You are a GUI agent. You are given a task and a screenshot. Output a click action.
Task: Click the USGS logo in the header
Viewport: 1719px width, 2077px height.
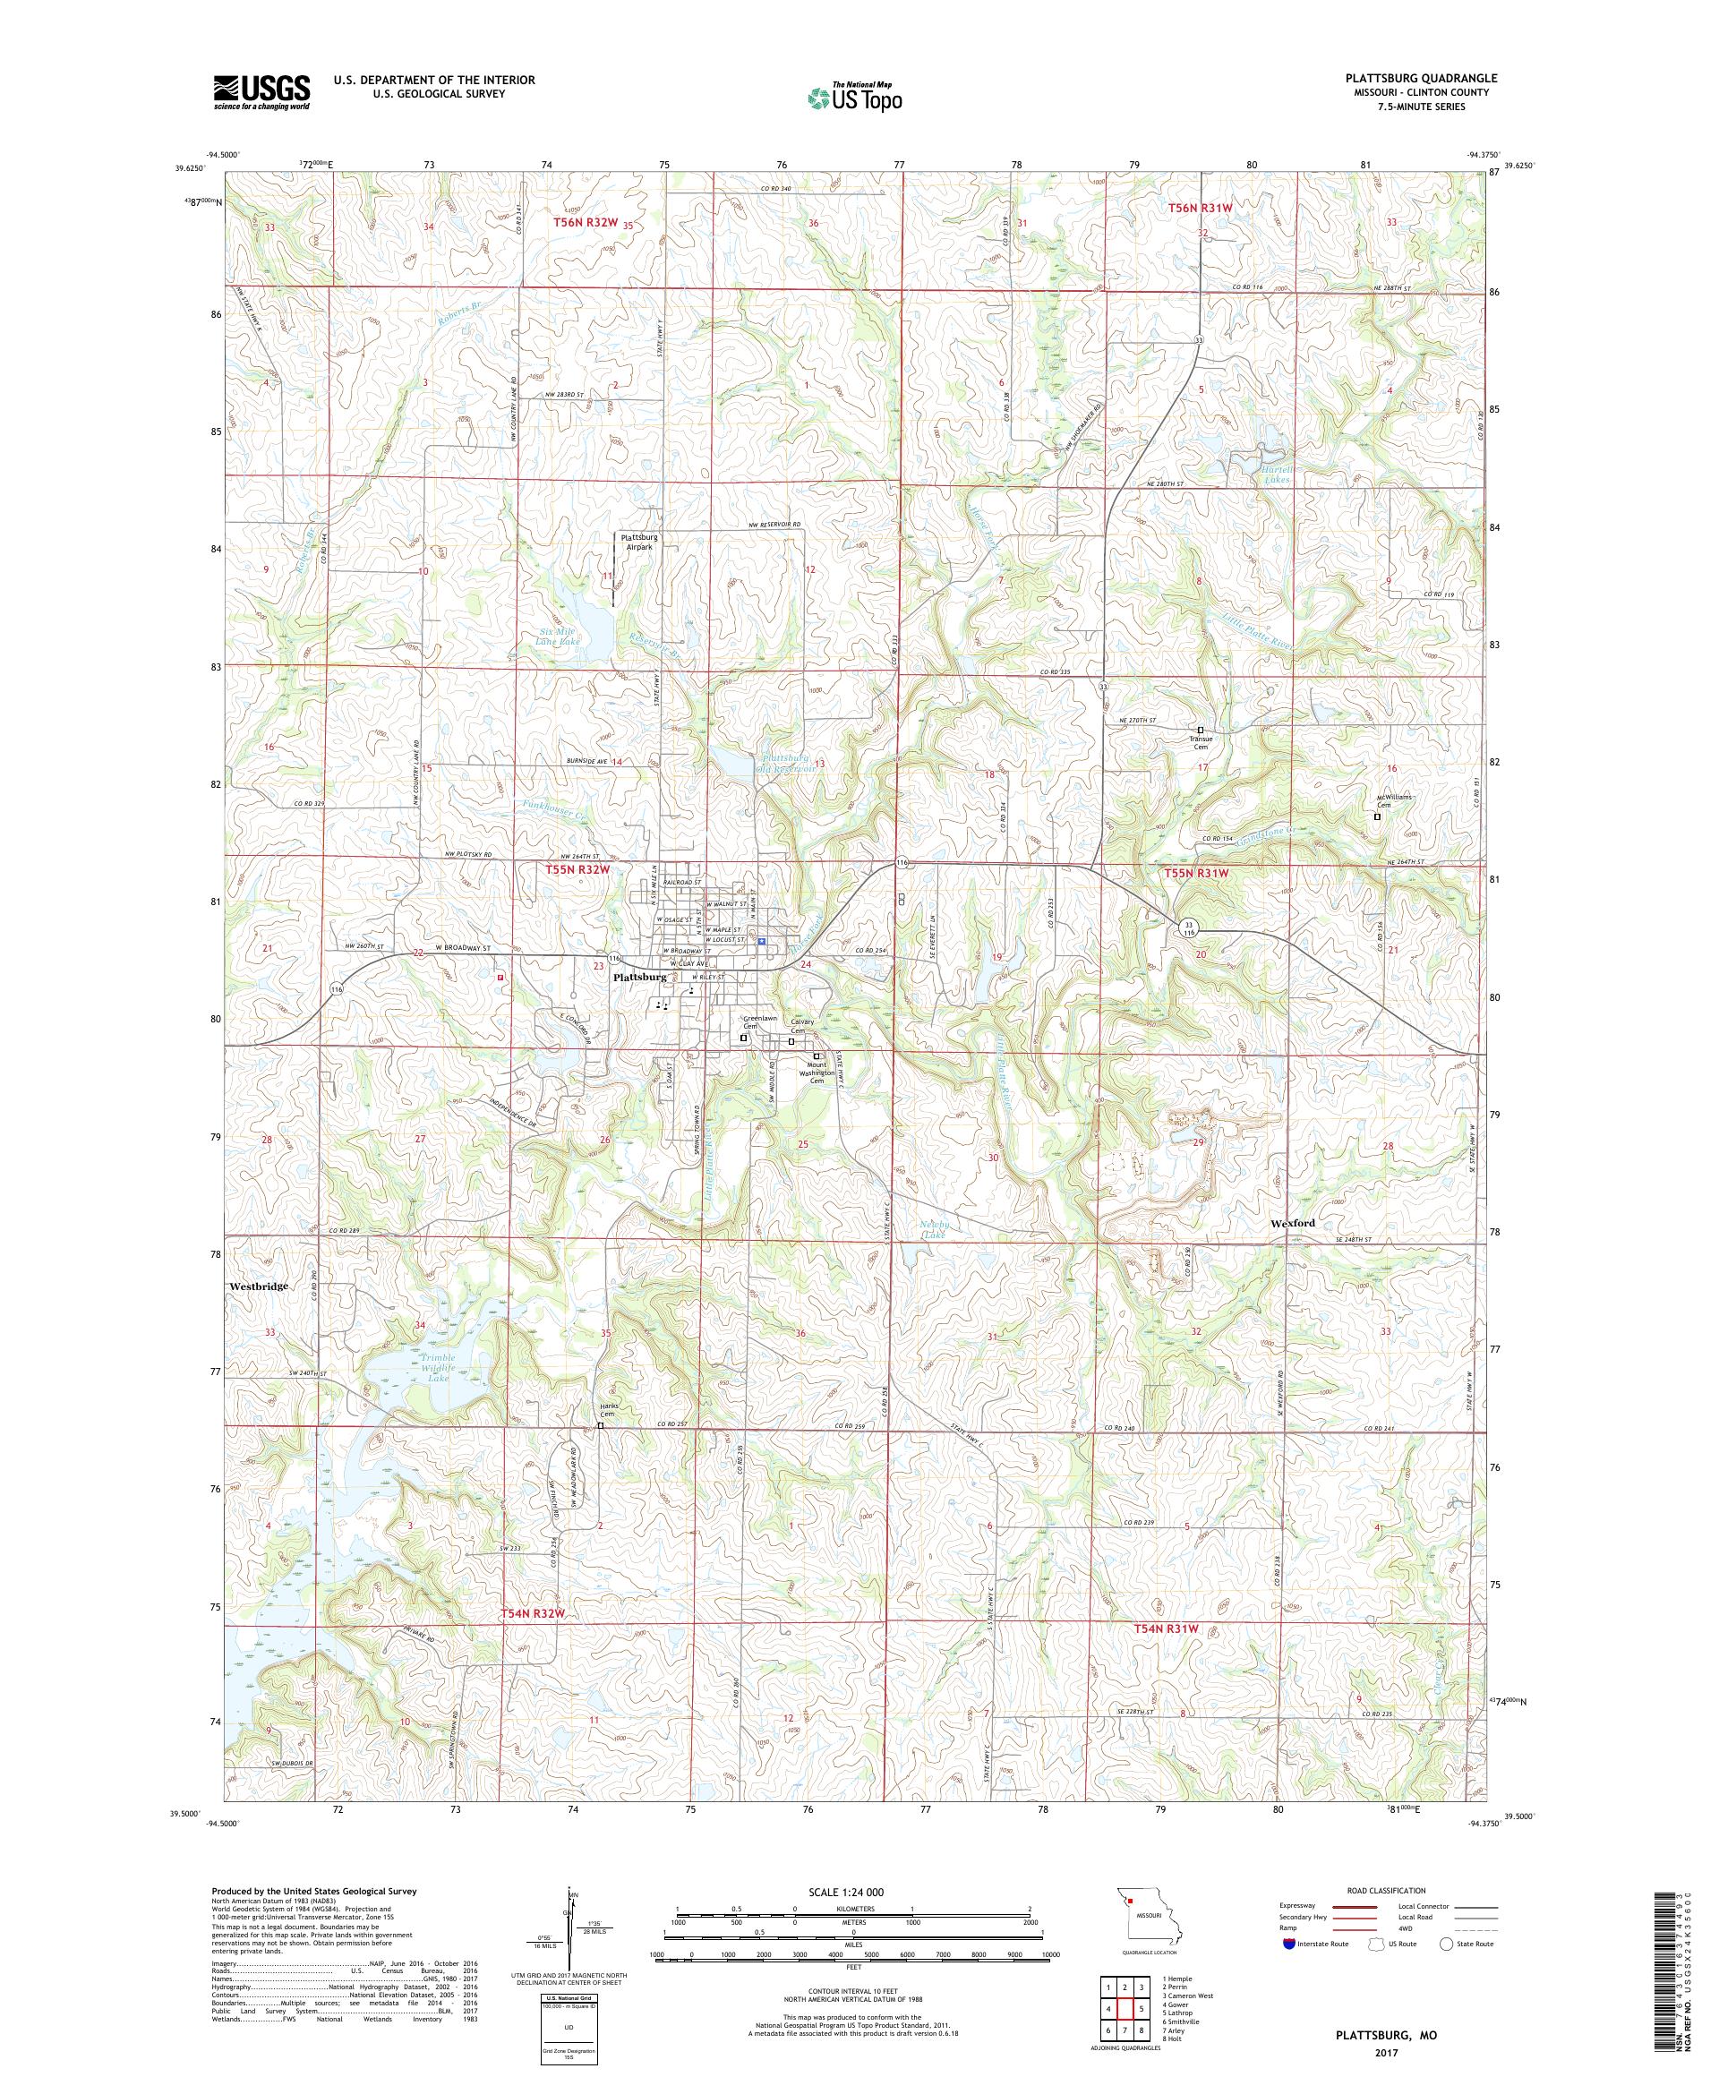click(261, 92)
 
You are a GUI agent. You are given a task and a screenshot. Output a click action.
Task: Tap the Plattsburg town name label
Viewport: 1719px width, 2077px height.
click(640, 976)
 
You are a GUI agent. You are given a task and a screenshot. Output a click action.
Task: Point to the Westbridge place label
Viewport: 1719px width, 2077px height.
click(258, 1286)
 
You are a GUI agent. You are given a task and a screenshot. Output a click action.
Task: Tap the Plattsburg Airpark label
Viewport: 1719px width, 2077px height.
click(638, 541)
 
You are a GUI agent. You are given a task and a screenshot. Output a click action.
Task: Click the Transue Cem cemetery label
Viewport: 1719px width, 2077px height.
click(1200, 739)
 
